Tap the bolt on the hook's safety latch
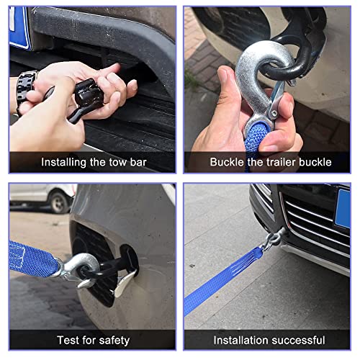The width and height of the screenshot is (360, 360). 274,113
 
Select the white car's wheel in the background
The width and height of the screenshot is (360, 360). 59,202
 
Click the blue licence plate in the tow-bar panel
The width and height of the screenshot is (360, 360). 19,28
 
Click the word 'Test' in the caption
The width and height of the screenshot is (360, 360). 68,341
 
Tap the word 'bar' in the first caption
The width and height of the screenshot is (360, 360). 138,162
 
